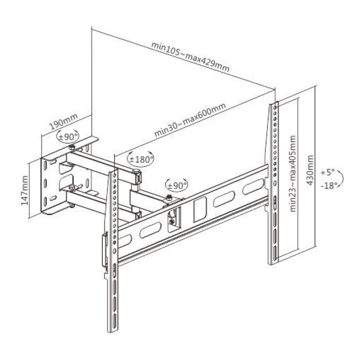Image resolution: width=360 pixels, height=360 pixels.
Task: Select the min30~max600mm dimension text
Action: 190,120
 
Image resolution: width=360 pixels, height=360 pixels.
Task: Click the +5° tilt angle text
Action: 328,172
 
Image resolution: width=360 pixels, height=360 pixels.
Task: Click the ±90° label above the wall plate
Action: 68,137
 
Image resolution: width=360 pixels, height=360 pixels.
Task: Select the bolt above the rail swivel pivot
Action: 168,197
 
